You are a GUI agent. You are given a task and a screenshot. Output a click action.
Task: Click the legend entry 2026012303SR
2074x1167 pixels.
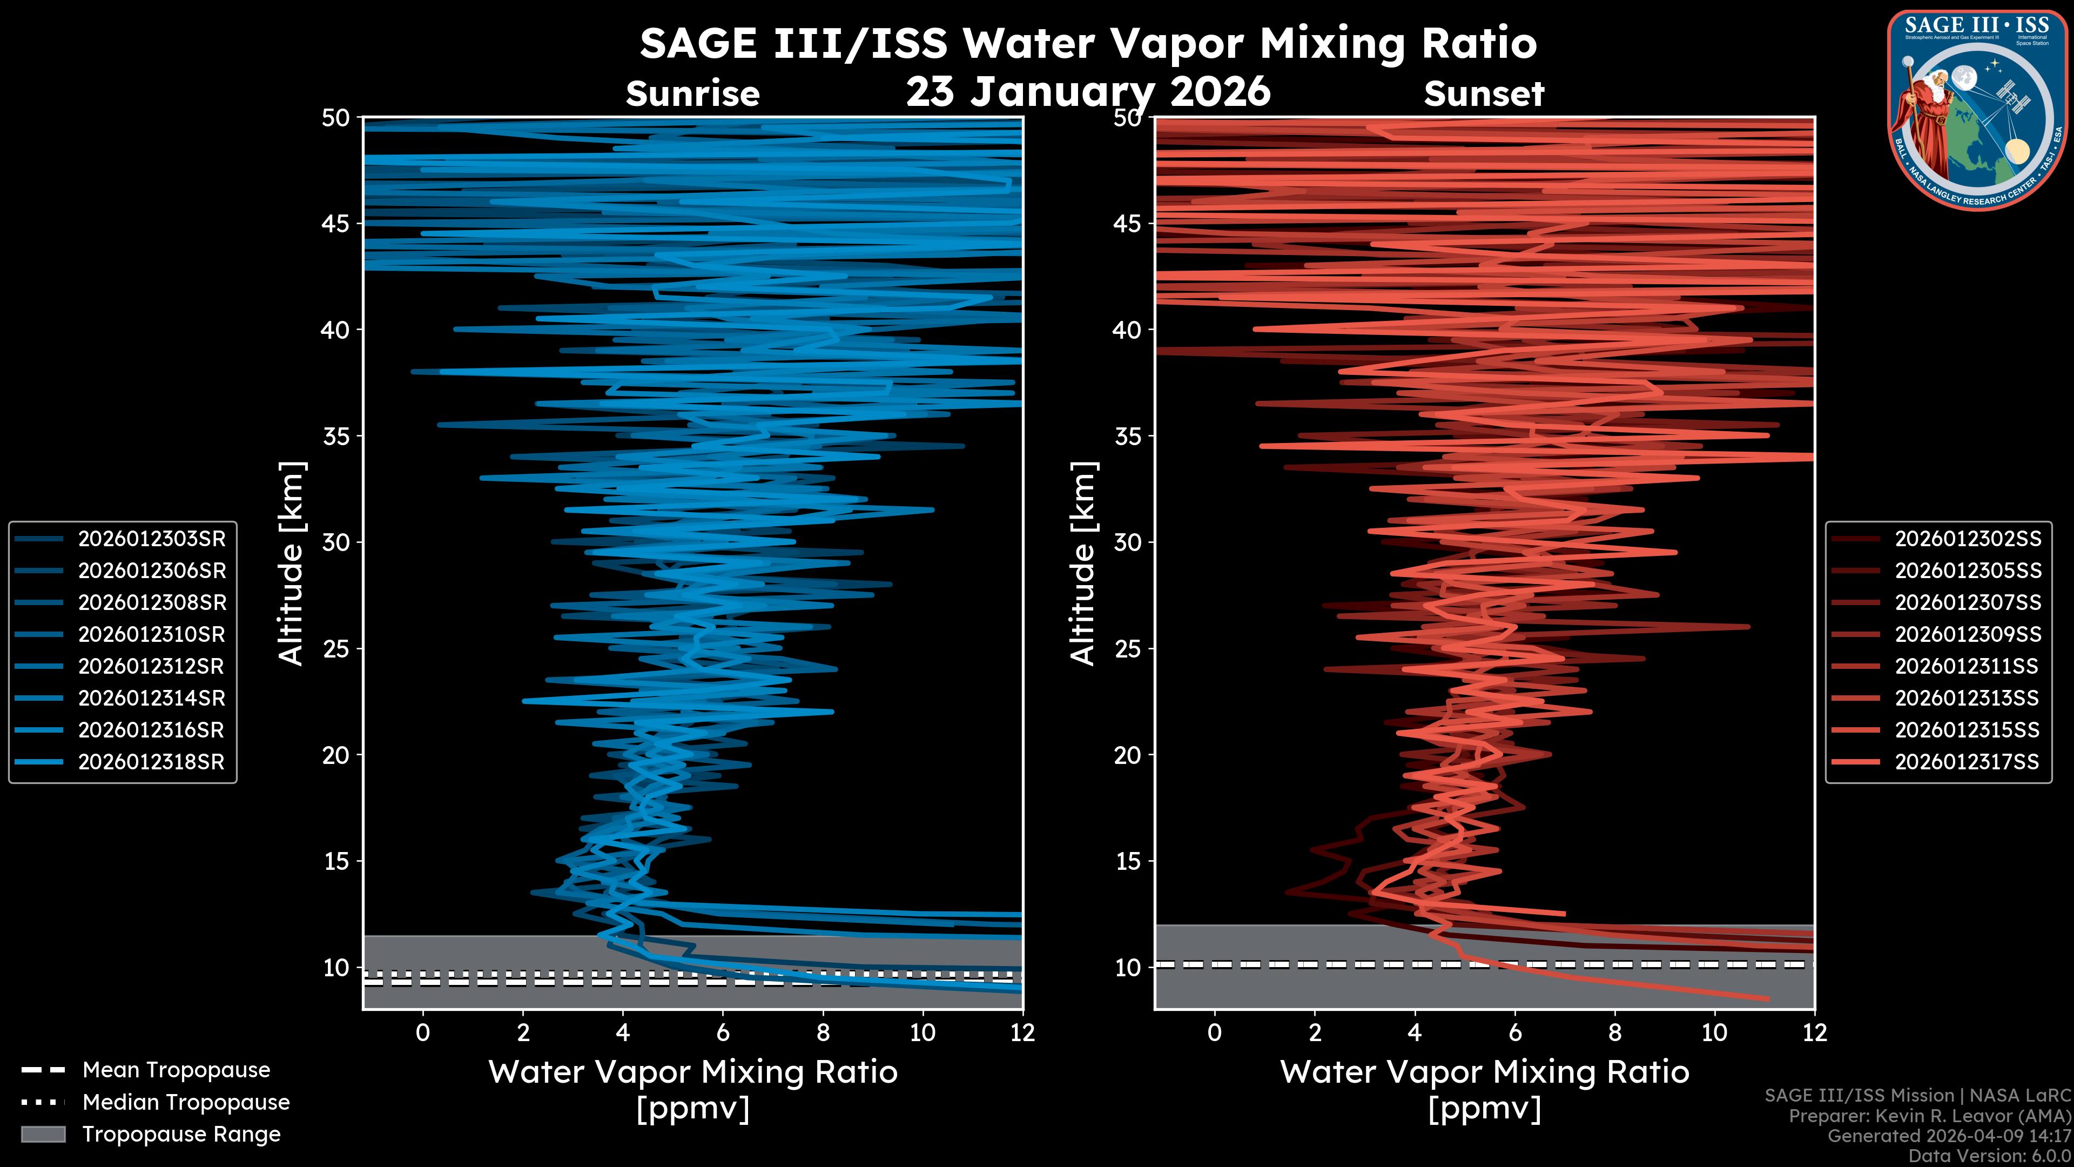[x=151, y=539]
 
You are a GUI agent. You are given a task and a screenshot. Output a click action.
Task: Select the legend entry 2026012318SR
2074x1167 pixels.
[x=151, y=762]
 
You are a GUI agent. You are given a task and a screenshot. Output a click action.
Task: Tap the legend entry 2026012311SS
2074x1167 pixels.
[x=1966, y=666]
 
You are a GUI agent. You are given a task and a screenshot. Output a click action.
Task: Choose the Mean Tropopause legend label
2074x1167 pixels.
[x=176, y=1070]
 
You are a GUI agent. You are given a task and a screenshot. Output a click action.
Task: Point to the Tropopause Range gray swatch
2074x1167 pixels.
[x=43, y=1134]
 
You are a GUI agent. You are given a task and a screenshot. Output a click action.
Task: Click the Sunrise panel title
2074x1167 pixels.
[x=692, y=94]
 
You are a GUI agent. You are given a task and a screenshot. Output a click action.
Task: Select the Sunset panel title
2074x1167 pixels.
[x=1484, y=94]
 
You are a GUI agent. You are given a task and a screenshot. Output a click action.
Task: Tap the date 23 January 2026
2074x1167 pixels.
[x=1088, y=91]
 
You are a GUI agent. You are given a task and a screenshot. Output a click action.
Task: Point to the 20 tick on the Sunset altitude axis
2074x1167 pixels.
[x=1128, y=755]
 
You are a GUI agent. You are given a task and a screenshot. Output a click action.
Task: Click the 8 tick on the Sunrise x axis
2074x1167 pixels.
[x=823, y=1032]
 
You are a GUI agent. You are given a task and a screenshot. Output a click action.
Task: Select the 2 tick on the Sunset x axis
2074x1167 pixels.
[x=1315, y=1032]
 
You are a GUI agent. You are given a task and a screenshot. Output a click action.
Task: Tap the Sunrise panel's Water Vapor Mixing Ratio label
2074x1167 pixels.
[x=692, y=1072]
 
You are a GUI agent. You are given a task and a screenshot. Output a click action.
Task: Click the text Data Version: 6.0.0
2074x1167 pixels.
[x=1990, y=1156]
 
